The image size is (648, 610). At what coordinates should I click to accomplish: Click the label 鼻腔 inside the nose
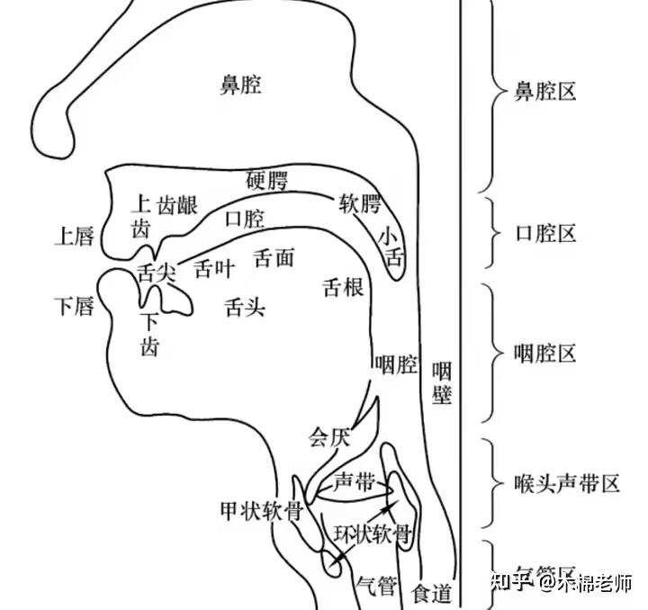[240, 85]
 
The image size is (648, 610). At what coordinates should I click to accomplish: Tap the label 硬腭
[266, 179]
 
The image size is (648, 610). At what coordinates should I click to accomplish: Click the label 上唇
[74, 237]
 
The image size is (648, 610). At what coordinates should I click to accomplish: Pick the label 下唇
[74, 307]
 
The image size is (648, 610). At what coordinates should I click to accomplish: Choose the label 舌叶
[214, 269]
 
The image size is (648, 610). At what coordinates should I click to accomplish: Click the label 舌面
[274, 258]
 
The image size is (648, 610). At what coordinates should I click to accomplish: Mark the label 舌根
[343, 288]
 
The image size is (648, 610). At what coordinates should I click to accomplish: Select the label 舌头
[245, 308]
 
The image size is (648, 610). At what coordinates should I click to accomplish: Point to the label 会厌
[328, 437]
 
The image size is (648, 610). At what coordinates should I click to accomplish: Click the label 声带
[354, 482]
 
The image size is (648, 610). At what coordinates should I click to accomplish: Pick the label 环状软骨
[373, 533]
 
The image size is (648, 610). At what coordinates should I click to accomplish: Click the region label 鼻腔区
[544, 91]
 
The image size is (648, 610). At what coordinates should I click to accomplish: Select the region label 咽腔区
[544, 354]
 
